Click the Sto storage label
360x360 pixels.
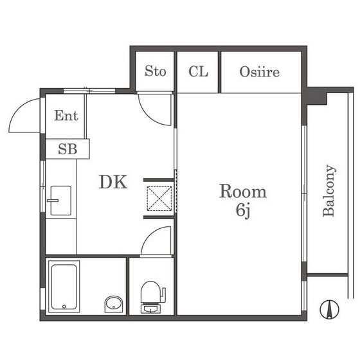point(155,71)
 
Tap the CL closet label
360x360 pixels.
point(198,71)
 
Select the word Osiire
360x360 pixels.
point(260,72)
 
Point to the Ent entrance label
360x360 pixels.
point(66,115)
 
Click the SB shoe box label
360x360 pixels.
point(67,149)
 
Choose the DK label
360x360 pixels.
point(113,182)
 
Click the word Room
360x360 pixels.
point(243,191)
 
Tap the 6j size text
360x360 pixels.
point(243,210)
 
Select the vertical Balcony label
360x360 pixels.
point(329,190)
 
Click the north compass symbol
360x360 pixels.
point(329,309)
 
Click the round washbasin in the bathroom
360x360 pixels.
point(114,304)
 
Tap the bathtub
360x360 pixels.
point(64,287)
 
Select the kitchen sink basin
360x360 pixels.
point(60,201)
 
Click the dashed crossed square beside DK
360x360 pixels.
point(159,199)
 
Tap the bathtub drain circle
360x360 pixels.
point(64,307)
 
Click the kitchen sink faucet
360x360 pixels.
point(53,201)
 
